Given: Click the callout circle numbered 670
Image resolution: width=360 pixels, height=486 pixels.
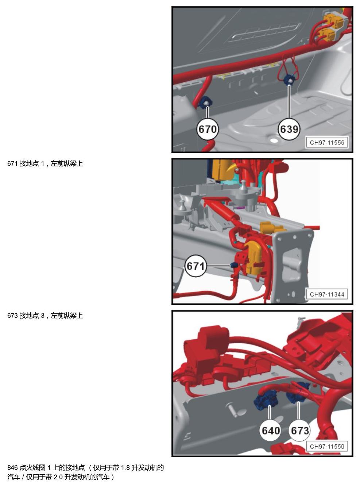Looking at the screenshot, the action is tap(207, 129).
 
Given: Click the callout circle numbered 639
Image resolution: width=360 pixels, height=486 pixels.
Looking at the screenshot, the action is tap(289, 129).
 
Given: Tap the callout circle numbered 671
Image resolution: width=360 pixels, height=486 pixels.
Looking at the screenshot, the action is tap(196, 266).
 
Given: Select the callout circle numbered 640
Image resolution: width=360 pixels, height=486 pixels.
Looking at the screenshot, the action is tap(271, 430).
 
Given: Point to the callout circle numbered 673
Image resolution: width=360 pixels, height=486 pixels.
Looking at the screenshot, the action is tap(300, 430).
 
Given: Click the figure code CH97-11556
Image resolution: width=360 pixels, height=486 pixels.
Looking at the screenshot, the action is tap(327, 143).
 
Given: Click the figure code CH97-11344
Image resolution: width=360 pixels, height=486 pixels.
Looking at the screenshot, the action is tap(327, 294).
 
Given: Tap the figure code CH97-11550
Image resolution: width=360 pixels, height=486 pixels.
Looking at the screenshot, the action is tap(327, 446).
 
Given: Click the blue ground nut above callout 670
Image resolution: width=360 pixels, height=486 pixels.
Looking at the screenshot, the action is tap(206, 102).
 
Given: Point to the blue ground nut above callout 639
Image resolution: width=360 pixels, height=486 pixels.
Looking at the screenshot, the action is tap(289, 80).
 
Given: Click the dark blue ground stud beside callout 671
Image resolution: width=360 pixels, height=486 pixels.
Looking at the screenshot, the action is tap(233, 265).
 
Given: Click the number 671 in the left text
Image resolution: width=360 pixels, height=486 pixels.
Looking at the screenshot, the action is tap(12, 164).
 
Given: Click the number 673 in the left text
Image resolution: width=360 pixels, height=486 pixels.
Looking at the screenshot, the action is tap(12, 316).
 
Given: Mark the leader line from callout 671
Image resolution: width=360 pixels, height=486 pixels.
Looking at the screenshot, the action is tap(218, 266).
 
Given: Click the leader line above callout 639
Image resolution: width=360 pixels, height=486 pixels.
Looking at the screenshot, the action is tap(289, 102).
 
